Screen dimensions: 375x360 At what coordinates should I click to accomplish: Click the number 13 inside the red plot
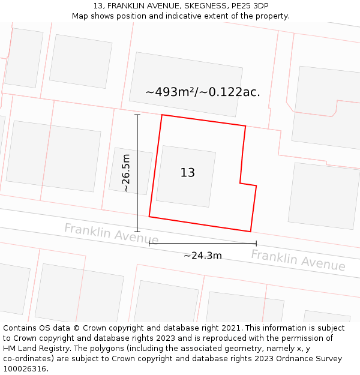[x=187, y=173]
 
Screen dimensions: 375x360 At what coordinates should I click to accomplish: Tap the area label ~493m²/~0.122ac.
[x=203, y=92]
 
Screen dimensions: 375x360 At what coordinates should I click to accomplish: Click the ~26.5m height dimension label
[x=126, y=173]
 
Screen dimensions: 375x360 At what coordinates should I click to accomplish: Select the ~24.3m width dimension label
[x=203, y=256]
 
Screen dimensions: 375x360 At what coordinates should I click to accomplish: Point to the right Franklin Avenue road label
[x=298, y=260]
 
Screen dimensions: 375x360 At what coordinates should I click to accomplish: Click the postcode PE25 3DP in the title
[x=248, y=6]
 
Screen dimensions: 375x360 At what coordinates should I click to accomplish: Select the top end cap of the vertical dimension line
[x=137, y=115]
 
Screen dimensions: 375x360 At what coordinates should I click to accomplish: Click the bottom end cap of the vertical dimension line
[x=137, y=232]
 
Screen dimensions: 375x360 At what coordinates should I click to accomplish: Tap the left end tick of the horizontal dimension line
[x=149, y=244]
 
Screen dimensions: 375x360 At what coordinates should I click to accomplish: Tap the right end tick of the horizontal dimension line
[x=256, y=244]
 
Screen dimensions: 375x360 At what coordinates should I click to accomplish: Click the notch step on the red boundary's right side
[x=241, y=183]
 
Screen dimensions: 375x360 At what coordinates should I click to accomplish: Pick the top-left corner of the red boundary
[x=162, y=115]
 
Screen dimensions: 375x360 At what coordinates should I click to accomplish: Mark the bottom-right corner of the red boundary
[x=250, y=231]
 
